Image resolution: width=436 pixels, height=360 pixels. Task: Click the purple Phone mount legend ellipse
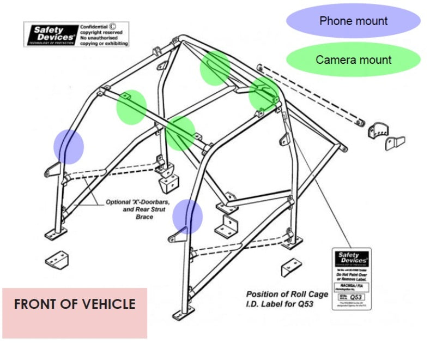click(x=353, y=21)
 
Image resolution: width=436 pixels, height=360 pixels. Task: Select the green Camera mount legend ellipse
click(x=353, y=59)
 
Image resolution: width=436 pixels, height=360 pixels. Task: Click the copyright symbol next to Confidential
click(x=112, y=26)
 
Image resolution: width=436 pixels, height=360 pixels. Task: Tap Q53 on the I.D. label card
click(x=356, y=297)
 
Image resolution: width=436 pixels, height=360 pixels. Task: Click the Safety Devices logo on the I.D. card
click(x=352, y=259)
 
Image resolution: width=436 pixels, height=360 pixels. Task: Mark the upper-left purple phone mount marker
click(x=68, y=146)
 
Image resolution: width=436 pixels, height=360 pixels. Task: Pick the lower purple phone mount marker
click(x=187, y=216)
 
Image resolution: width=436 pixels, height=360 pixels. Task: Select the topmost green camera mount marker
click(x=215, y=67)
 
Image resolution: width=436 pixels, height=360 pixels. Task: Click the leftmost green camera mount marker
click(x=131, y=106)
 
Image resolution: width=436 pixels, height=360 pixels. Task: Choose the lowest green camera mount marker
click(x=180, y=133)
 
